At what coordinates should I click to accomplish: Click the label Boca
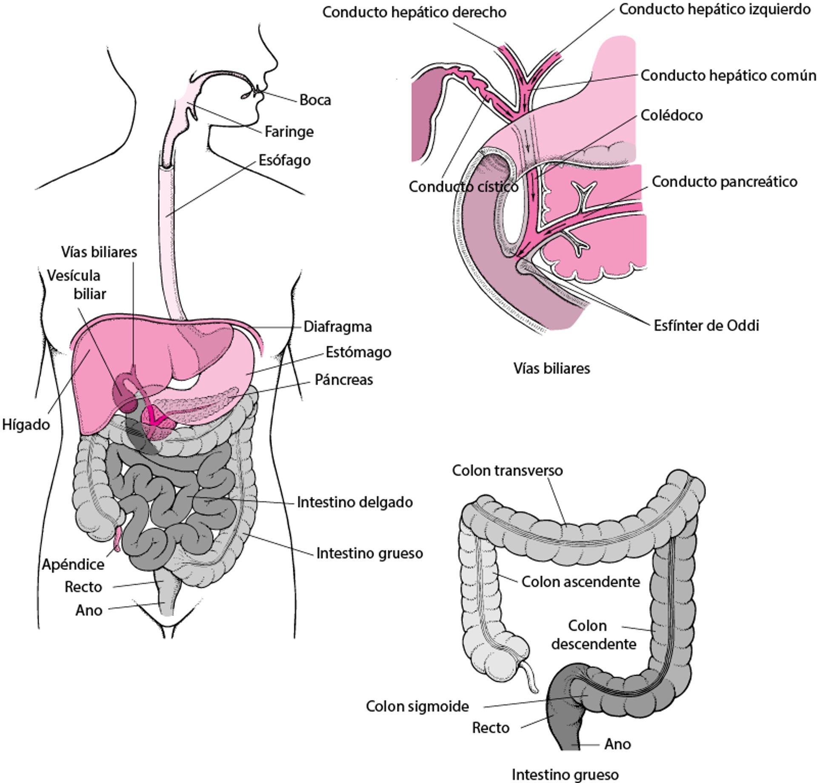coord(315,100)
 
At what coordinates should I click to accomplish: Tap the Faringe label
coord(289,132)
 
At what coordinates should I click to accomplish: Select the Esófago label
coord(285,160)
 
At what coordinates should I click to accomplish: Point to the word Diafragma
coord(337,326)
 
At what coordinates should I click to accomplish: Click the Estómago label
coord(358,352)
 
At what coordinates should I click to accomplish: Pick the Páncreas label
coord(343,380)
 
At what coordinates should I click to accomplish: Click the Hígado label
coord(26,424)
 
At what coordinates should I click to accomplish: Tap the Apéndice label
coord(73,564)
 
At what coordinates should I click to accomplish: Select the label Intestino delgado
coord(354,502)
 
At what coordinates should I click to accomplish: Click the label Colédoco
coord(671,115)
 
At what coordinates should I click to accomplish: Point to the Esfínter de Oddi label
coord(706,326)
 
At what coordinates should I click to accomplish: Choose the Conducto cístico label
coord(463,186)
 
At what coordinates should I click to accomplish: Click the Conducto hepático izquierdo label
coord(714,9)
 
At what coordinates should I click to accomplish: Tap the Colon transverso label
coord(507,471)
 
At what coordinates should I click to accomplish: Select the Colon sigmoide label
coord(417,706)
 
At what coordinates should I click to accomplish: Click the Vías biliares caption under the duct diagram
coord(551,368)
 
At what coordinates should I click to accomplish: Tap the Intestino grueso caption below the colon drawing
coord(565,774)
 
